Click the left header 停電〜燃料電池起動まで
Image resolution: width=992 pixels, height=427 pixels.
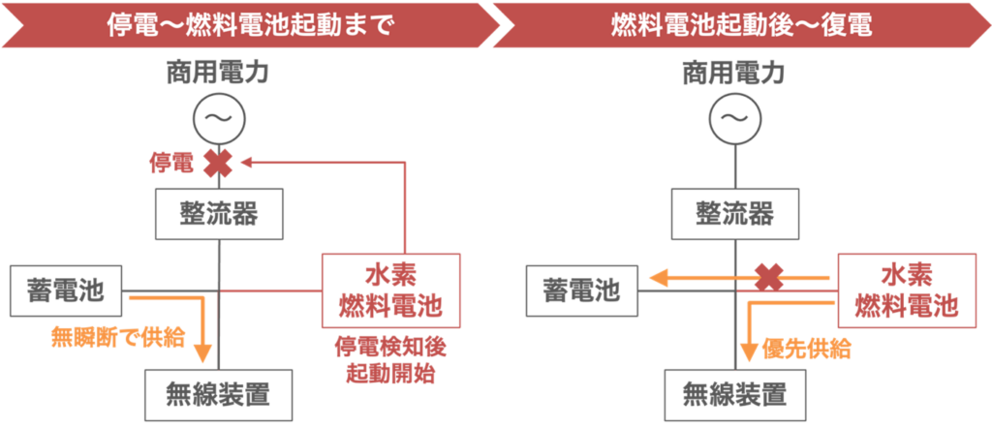[x=250, y=24]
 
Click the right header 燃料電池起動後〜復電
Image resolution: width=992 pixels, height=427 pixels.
[x=741, y=24]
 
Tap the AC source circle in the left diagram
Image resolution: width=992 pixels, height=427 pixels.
[x=220, y=119]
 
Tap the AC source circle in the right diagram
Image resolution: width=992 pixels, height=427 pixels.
[x=733, y=119]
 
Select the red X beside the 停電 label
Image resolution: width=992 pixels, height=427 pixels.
[x=217, y=163]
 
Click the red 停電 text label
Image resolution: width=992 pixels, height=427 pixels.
[x=170, y=163]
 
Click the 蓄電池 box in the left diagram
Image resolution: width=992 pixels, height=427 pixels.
[x=67, y=290]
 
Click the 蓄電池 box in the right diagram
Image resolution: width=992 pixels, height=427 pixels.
[x=582, y=290]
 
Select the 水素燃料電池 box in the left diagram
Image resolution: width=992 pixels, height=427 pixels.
[x=389, y=290]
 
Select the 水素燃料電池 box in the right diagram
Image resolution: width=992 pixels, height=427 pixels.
[x=905, y=290]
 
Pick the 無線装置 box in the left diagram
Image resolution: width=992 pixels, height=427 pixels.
[x=220, y=396]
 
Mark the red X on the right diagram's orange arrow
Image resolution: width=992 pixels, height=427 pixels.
[x=768, y=279]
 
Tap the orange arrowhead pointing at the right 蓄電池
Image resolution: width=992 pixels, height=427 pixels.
[x=659, y=279]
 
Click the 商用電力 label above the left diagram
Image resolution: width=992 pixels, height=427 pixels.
[x=220, y=70]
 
